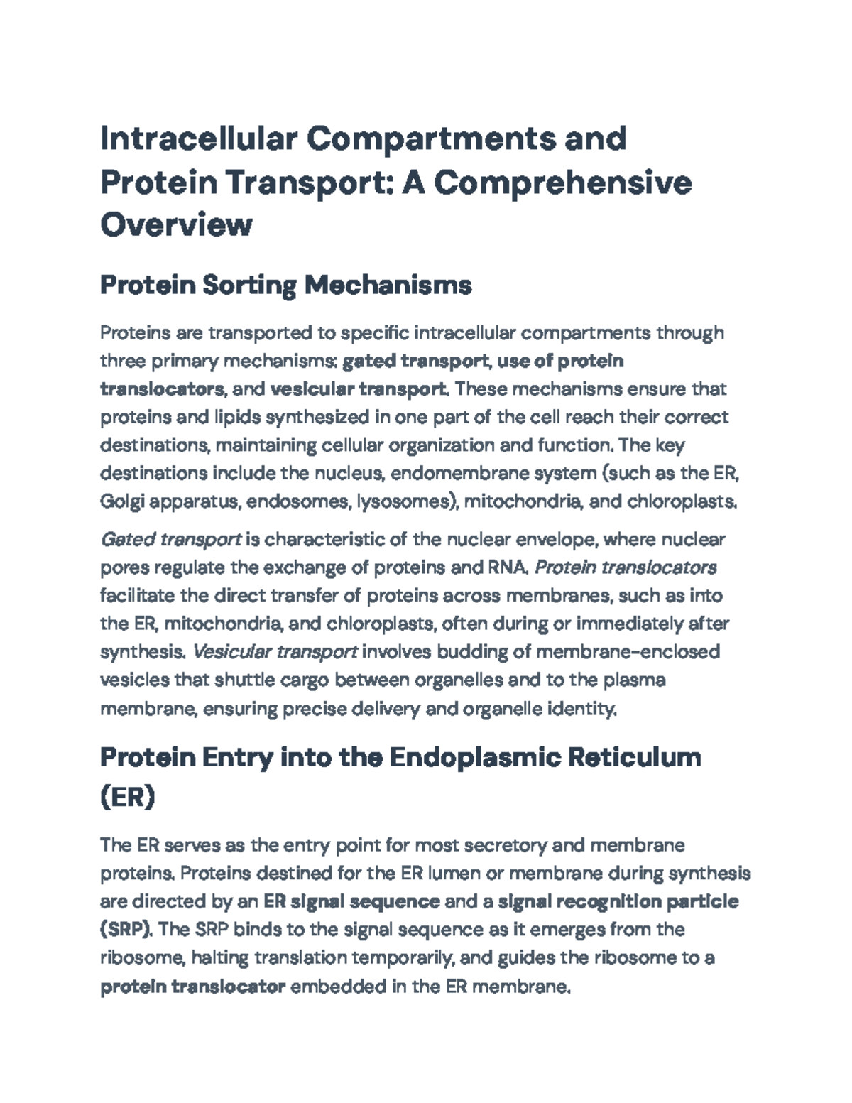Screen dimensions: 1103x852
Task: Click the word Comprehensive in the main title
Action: click(x=562, y=183)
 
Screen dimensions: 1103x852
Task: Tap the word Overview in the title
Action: click(x=176, y=225)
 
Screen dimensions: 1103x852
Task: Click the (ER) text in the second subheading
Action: click(x=127, y=798)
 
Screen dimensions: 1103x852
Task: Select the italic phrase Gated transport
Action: click(x=170, y=540)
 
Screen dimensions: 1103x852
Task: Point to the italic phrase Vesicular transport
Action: click(x=275, y=652)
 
